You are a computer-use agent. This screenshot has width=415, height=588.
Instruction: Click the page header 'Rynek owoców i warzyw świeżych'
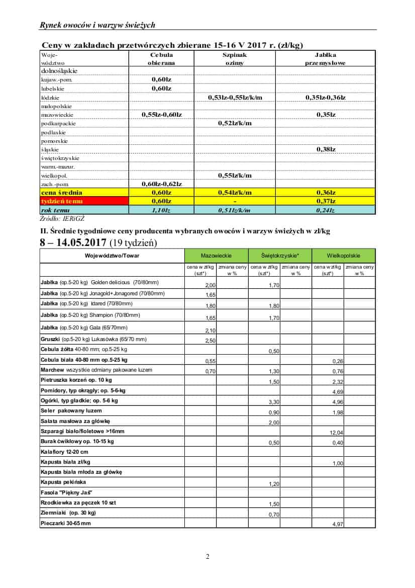(x=97, y=25)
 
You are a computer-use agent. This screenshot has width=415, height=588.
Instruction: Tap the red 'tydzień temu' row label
(x=61, y=201)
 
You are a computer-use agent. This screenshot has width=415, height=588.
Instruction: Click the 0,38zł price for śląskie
(x=326, y=149)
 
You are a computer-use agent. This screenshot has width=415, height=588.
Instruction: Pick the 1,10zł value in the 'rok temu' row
(x=161, y=210)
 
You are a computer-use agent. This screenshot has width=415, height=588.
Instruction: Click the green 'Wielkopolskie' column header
(x=344, y=256)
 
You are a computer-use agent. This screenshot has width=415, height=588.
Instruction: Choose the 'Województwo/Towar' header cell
(x=112, y=256)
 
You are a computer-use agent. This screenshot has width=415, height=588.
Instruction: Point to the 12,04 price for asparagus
(x=336, y=433)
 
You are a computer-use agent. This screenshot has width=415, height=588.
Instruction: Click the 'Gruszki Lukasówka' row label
(x=93, y=340)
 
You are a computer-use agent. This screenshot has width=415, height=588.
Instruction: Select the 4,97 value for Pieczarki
(x=338, y=524)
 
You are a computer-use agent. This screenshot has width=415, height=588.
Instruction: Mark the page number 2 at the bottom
(x=207, y=556)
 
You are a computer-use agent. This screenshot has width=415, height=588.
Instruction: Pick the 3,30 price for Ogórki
(x=274, y=402)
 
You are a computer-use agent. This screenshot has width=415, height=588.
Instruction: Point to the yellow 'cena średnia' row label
(x=61, y=193)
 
